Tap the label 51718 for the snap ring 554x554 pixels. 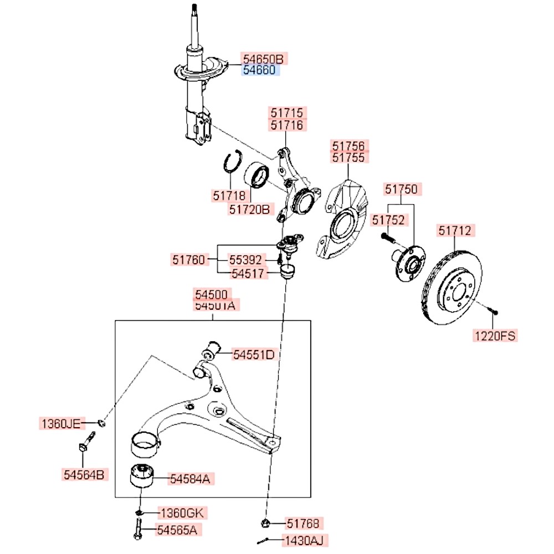[x=228, y=195]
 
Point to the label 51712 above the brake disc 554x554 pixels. [x=457, y=230]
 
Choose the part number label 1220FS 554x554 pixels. [x=495, y=335]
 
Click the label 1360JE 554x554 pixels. [x=60, y=424]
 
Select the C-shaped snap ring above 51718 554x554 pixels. [x=231, y=162]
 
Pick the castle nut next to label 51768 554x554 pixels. [x=265, y=522]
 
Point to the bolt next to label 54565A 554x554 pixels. [x=137, y=530]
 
